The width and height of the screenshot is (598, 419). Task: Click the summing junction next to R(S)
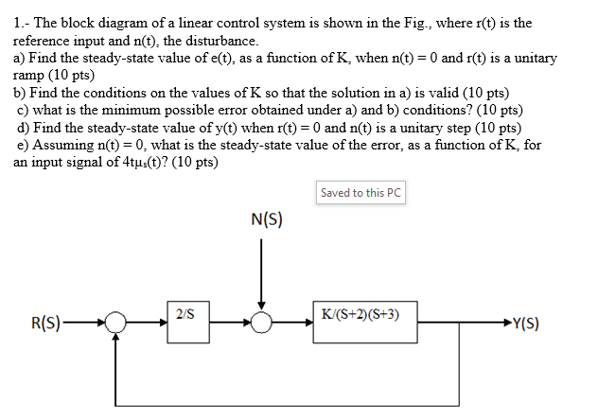click(x=115, y=323)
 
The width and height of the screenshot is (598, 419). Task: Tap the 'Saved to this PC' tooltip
click(x=361, y=193)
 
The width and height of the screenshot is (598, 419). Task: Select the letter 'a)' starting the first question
click(x=20, y=58)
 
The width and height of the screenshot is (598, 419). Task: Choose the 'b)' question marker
click(x=20, y=93)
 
